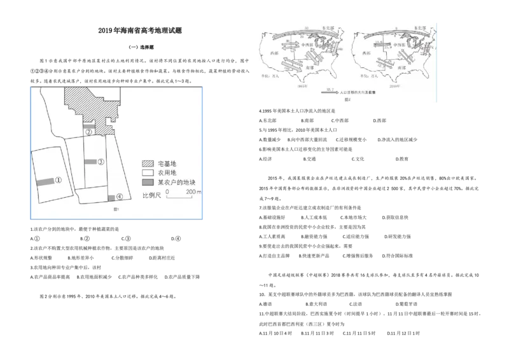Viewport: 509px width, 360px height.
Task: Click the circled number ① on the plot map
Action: (x=58, y=181)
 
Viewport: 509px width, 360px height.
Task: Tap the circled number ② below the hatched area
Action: (x=90, y=132)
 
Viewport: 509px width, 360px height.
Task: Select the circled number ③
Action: (x=101, y=162)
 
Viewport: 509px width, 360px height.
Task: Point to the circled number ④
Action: (x=119, y=198)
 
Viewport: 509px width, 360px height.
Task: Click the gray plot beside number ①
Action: (x=45, y=182)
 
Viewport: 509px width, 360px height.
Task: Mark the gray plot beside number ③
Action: (x=90, y=162)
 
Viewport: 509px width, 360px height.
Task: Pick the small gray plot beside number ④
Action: (x=111, y=198)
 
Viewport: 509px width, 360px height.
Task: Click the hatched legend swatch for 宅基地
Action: (x=148, y=163)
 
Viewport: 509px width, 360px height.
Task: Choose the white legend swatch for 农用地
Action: (x=148, y=172)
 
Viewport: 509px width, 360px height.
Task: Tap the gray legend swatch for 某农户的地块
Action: (x=148, y=181)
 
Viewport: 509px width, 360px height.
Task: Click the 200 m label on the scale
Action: (x=193, y=191)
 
